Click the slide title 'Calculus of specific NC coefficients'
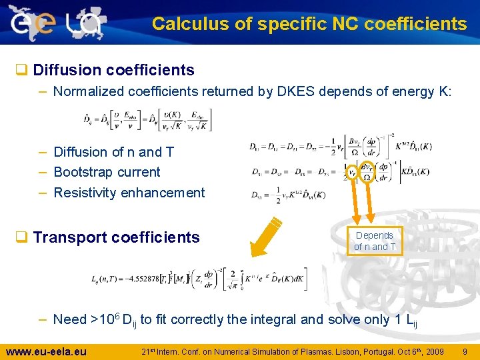coord(309,24)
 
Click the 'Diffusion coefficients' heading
coord(113,70)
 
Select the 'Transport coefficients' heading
coord(116,237)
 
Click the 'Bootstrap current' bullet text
coord(107,172)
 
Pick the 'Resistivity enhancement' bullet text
coord(129,193)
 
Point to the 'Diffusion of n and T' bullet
coord(113,152)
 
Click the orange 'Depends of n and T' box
coord(374,241)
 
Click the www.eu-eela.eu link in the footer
coord(46,351)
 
